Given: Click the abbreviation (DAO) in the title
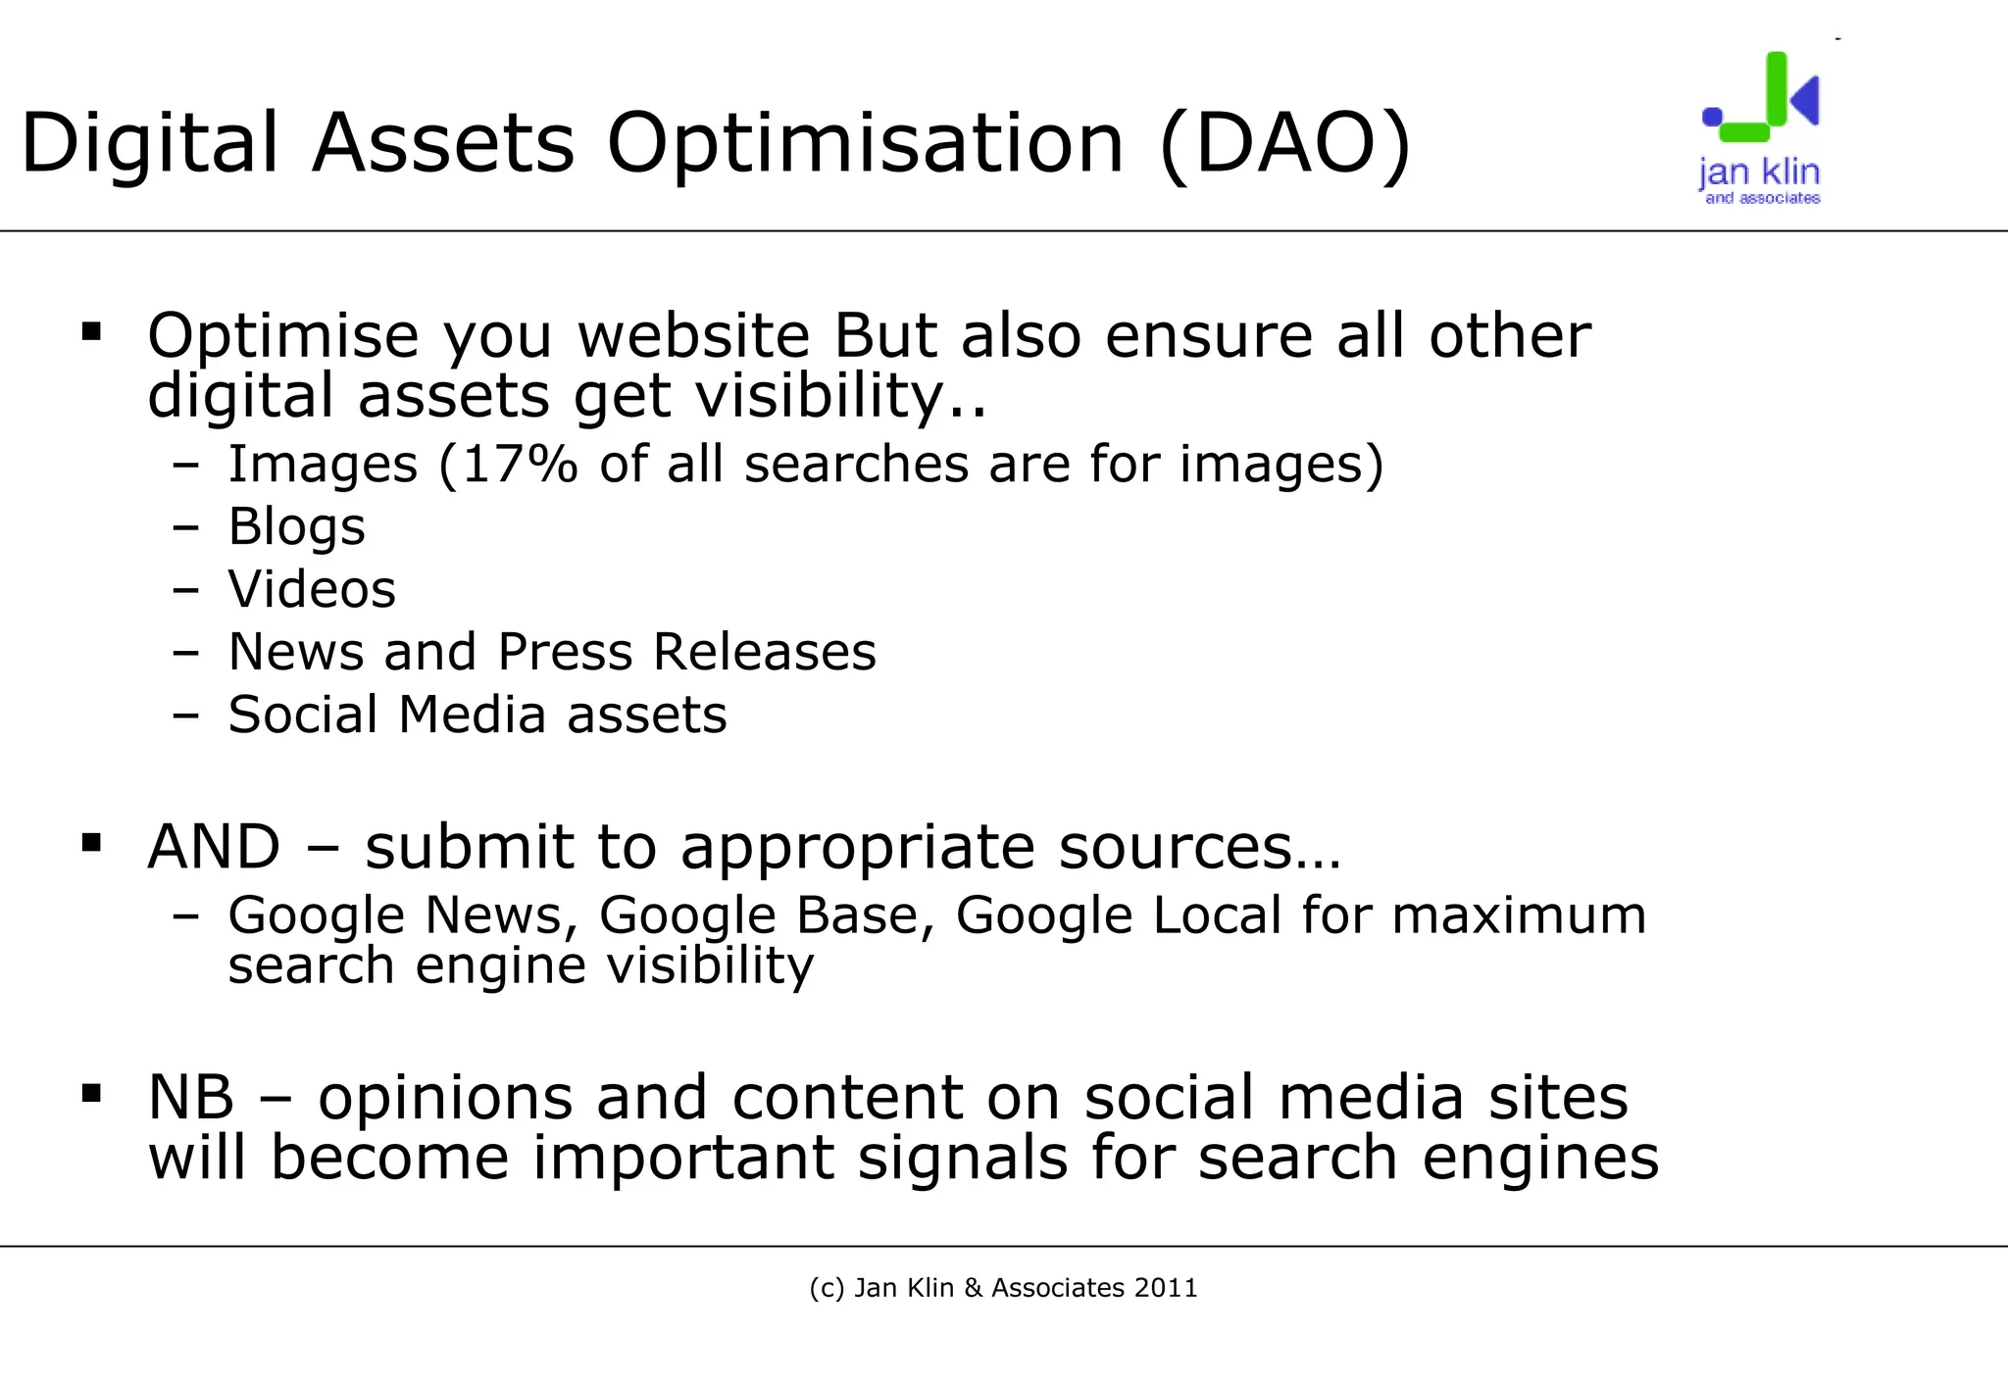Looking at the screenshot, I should [x=1284, y=143].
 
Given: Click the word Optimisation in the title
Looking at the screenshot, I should [x=865, y=145].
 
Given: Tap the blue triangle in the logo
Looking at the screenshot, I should [x=1805, y=99].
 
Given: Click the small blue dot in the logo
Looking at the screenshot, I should [x=1712, y=117].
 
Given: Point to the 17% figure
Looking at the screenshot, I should [x=519, y=465].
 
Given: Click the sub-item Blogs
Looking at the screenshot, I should [x=296, y=527].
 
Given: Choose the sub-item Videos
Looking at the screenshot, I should [x=312, y=590].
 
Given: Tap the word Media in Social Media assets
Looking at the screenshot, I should [x=472, y=715].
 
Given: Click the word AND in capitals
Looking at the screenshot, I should [x=214, y=847].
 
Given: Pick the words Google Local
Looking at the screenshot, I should [x=1119, y=915].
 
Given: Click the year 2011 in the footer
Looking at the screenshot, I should [x=1166, y=1288].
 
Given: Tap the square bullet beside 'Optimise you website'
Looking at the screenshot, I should [x=92, y=331].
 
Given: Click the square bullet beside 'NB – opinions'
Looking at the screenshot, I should [x=92, y=1093].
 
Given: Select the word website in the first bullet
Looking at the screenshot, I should [x=693, y=336].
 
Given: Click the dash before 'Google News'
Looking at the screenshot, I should [x=185, y=916].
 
